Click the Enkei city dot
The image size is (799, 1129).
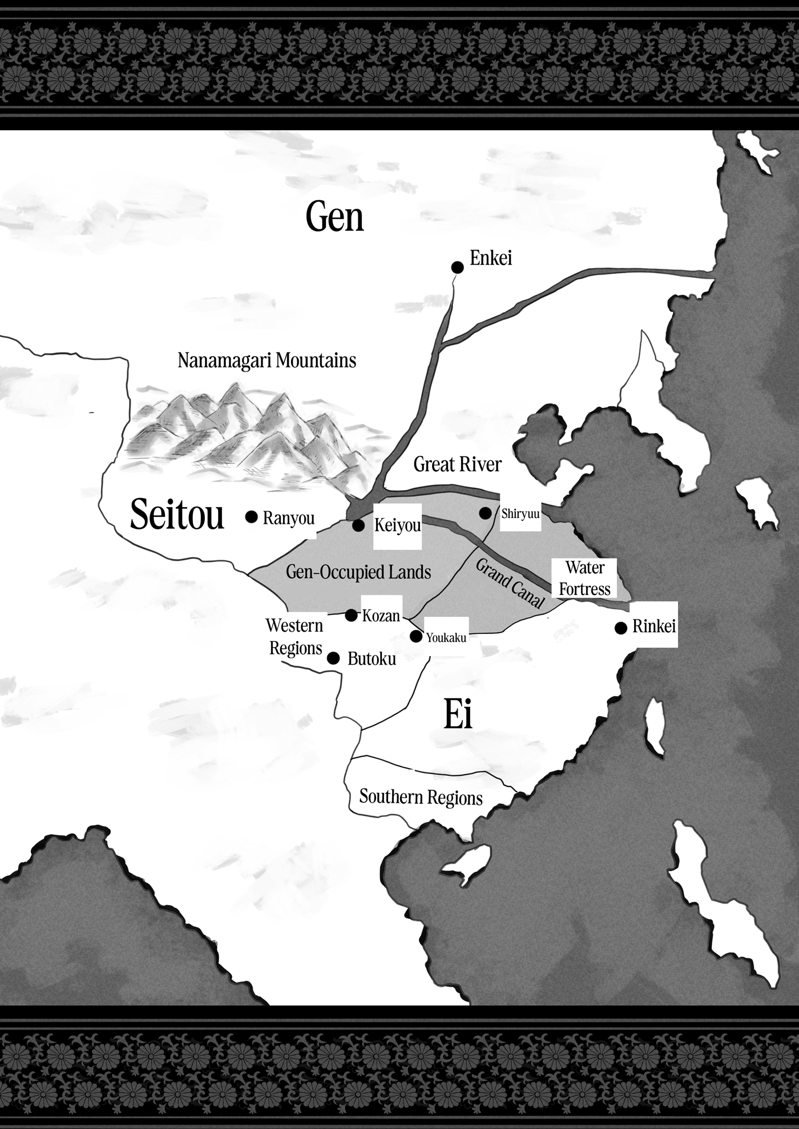click(457, 266)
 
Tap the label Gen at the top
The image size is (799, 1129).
click(334, 217)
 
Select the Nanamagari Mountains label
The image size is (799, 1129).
click(267, 361)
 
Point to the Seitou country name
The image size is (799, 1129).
click(177, 514)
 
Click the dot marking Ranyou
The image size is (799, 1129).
click(251, 517)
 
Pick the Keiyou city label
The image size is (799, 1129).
click(397, 525)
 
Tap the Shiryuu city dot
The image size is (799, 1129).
click(485, 513)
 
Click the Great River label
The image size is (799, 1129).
click(457, 464)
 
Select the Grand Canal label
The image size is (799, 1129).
click(510, 584)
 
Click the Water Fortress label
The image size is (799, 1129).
click(585, 578)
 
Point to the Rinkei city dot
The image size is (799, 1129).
click(621, 628)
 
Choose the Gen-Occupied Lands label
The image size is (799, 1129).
click(358, 572)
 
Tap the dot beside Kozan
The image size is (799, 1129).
click(352, 615)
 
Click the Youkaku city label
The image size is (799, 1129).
click(446, 638)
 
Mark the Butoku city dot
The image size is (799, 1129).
click(334, 658)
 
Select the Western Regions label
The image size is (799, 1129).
click(294, 637)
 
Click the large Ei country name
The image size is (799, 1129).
click(458, 717)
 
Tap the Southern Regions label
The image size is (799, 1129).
click(421, 797)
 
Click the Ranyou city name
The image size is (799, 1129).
click(289, 519)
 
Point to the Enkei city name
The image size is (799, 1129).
click(491, 258)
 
